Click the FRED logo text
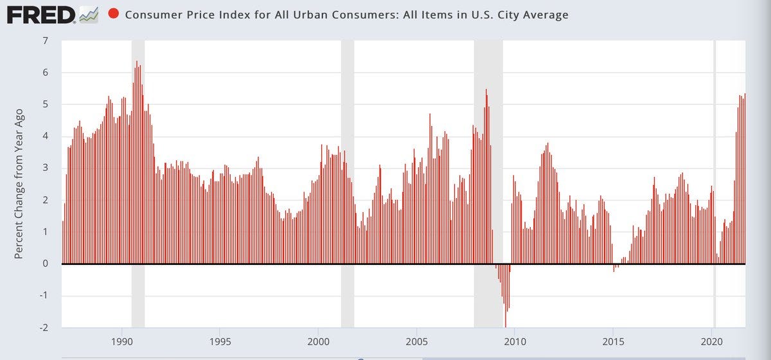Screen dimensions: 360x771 pos(40,14)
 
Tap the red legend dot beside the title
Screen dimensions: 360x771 pos(114,14)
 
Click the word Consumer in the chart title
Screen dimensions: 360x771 pos(151,15)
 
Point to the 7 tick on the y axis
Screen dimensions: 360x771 pos(45,41)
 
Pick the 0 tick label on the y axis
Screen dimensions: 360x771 pos(45,264)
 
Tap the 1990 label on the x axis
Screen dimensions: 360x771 pos(121,341)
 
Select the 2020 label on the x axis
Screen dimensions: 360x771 pos(712,341)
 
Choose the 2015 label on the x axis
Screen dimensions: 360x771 pos(614,341)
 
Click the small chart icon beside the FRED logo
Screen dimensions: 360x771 pos(87,15)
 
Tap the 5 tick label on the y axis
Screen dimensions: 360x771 pos(45,105)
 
